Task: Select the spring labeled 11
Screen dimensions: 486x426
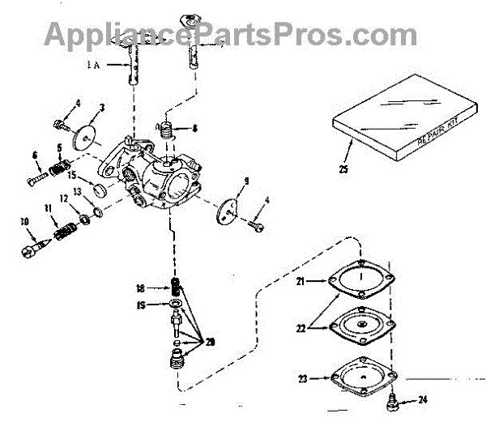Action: click(x=63, y=234)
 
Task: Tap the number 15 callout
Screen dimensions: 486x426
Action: click(x=71, y=174)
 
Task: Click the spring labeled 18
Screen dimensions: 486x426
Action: click(x=173, y=286)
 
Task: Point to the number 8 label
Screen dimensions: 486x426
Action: click(x=195, y=127)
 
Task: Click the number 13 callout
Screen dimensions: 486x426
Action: click(x=79, y=192)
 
